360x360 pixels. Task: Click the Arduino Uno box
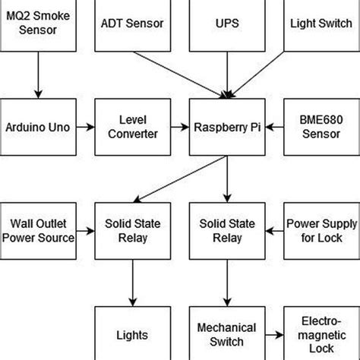pyautogui.click(x=37, y=127)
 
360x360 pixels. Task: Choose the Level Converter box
pyautogui.click(x=131, y=127)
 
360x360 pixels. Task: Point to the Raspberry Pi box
pyautogui.click(x=226, y=127)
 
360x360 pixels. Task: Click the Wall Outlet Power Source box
pyautogui.click(x=37, y=231)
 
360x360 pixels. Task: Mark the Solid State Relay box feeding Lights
pyautogui.click(x=131, y=231)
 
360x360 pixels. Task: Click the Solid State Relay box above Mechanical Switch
pyautogui.click(x=226, y=231)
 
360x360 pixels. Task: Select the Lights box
pyautogui.click(x=131, y=334)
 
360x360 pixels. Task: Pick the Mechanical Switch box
pyautogui.click(x=226, y=334)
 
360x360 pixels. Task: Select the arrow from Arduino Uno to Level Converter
pyautogui.click(x=84, y=127)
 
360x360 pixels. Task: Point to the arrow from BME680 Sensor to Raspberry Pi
pyautogui.click(x=273, y=127)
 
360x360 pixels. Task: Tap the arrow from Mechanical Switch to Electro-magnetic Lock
pyautogui.click(x=273, y=334)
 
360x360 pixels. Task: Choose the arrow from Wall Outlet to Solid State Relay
pyautogui.click(x=84, y=231)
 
